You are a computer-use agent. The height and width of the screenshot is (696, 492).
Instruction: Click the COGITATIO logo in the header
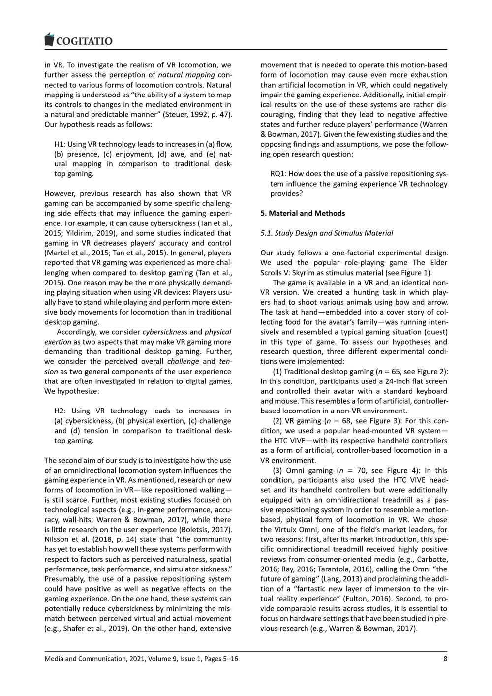(79, 40)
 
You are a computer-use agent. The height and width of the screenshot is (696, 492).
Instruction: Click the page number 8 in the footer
(445, 659)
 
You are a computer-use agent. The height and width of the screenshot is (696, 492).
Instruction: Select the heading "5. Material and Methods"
(303, 213)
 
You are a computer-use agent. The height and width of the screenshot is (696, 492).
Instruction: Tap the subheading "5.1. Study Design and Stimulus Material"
(327, 233)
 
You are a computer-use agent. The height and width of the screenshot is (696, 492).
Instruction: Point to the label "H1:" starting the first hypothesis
(60, 144)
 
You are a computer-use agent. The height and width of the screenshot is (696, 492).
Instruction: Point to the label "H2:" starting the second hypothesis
(61, 411)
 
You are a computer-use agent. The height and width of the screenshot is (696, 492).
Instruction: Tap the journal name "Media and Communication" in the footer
(85, 659)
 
